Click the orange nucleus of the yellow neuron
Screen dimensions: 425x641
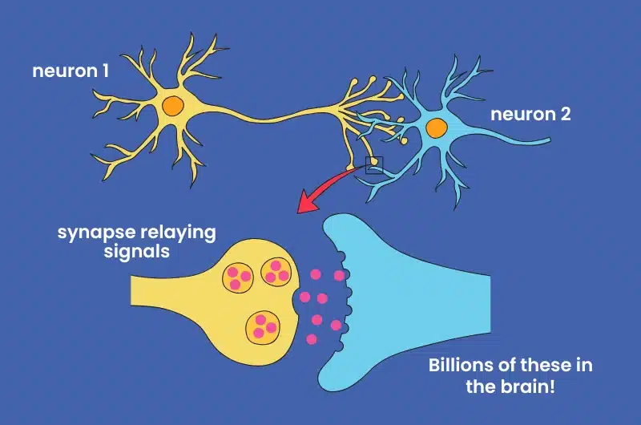click(171, 106)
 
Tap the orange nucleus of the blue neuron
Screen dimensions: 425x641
click(436, 127)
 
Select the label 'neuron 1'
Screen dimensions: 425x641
click(71, 71)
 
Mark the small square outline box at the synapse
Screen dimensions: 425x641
click(374, 166)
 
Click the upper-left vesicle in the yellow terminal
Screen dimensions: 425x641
click(237, 277)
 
